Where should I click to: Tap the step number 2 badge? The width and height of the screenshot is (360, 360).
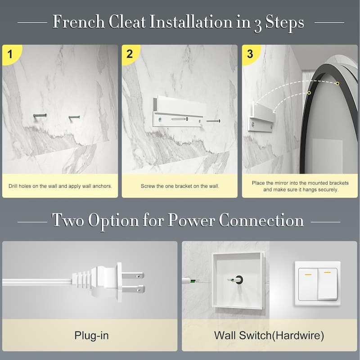tap(130, 54)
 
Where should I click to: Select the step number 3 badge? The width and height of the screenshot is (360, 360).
tap(250, 54)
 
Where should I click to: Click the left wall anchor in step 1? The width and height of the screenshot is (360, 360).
tap(40, 116)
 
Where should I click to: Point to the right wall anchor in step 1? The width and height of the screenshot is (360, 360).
tap(74, 117)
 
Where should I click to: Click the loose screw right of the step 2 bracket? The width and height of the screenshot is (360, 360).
tap(213, 121)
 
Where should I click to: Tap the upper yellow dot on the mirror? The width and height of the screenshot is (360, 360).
tap(337, 84)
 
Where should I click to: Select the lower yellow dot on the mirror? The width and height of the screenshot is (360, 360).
tap(309, 93)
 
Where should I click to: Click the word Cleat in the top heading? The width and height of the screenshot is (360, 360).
tap(127, 22)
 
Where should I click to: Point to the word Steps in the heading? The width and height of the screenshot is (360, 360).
tap(284, 23)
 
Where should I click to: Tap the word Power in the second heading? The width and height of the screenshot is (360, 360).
tap(191, 220)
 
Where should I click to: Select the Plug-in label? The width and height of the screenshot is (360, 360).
tap(91, 335)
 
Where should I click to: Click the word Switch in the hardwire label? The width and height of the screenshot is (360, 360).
tap(255, 335)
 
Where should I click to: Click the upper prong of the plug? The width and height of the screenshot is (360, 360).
tap(133, 275)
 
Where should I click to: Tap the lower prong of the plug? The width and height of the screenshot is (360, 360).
tap(133, 289)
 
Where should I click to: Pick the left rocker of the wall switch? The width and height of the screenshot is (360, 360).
tap(308, 284)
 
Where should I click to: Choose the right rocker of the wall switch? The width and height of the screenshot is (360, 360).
tap(328, 284)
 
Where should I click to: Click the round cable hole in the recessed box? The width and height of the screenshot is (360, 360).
tap(239, 280)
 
